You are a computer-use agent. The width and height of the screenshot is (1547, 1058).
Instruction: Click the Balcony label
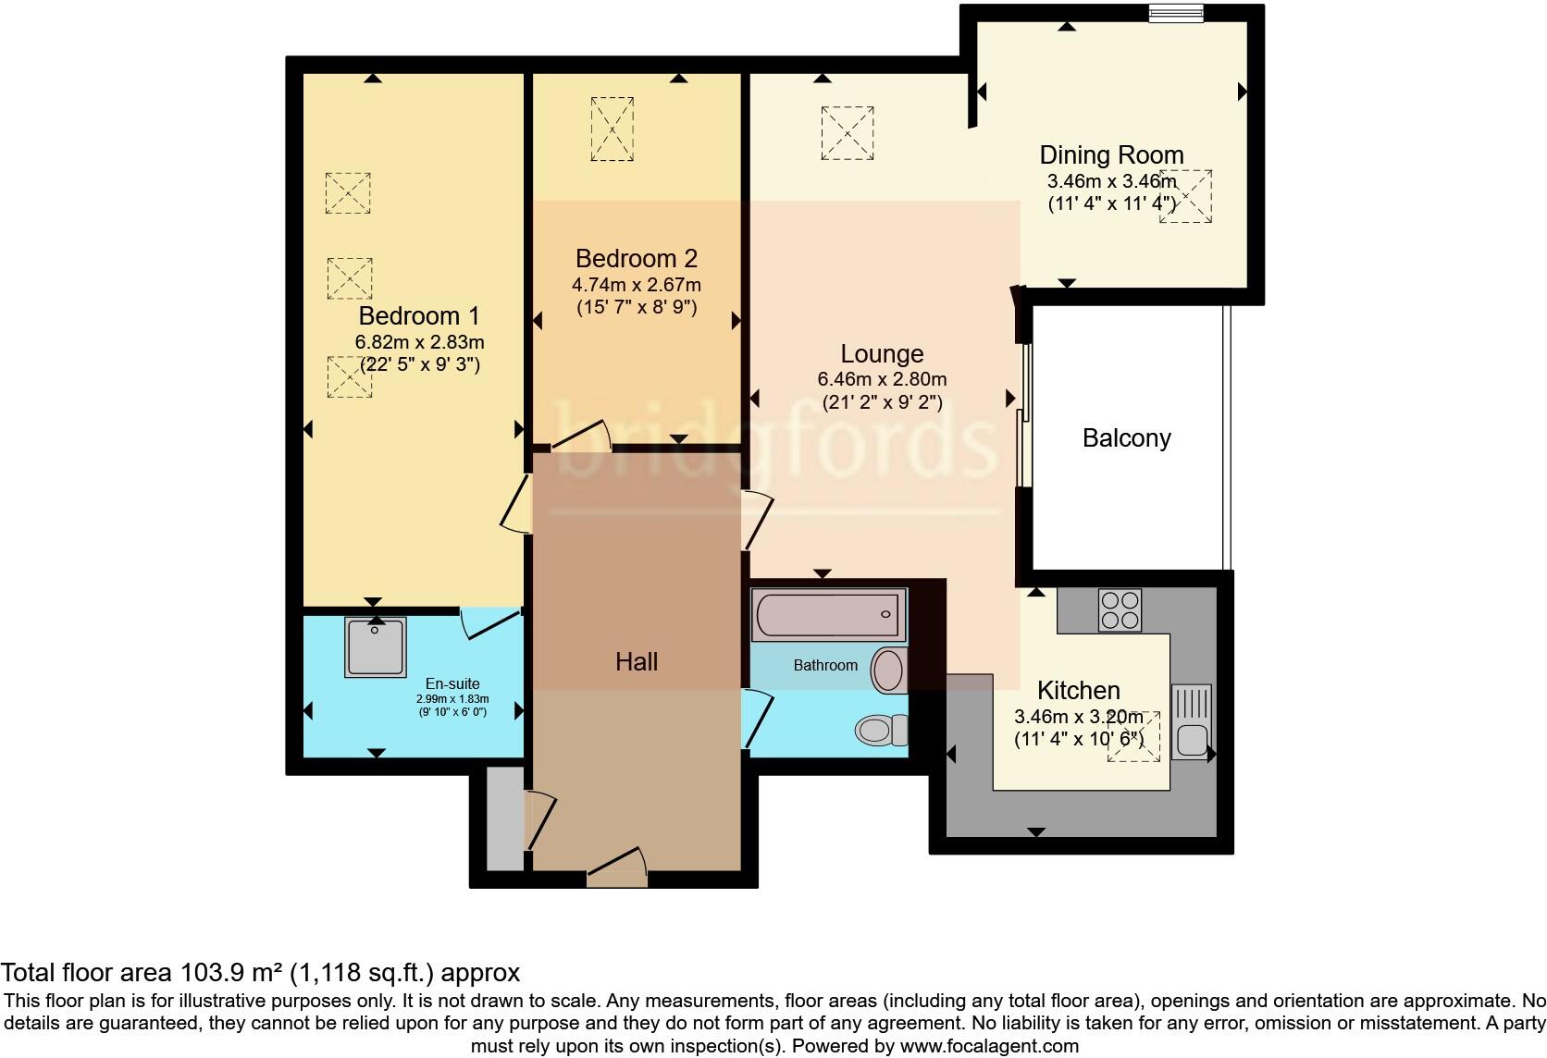[x=1126, y=437]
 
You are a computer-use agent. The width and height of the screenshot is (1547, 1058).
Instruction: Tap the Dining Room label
[x=1111, y=154]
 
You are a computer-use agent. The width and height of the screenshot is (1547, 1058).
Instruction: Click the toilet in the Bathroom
[x=883, y=731]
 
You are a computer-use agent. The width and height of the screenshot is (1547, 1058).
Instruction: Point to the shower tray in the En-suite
[x=375, y=646]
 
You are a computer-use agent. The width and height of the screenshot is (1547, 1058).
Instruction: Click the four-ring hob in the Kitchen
[x=1120, y=610]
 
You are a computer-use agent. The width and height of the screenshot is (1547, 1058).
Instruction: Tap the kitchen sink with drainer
[x=1191, y=722]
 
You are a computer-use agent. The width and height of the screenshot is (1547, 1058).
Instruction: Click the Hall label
[x=637, y=661]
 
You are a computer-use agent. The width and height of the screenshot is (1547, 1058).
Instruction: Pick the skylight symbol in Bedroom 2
[x=613, y=129]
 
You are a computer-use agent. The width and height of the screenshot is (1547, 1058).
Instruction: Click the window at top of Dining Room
[x=1176, y=13]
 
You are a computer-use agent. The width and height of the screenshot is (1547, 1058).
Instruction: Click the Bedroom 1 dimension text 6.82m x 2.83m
[x=419, y=342]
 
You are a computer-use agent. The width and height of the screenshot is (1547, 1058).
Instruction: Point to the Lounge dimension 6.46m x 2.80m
[x=882, y=379]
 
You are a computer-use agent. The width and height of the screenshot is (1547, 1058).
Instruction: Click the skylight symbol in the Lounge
[x=848, y=133]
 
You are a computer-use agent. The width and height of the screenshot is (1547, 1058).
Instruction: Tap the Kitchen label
[x=1078, y=690]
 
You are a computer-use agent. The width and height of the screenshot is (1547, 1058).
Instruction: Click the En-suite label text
[x=452, y=684]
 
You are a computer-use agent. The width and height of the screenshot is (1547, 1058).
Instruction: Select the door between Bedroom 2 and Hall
[x=581, y=437]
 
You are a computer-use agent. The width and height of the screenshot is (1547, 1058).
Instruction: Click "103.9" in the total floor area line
[x=205, y=972]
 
